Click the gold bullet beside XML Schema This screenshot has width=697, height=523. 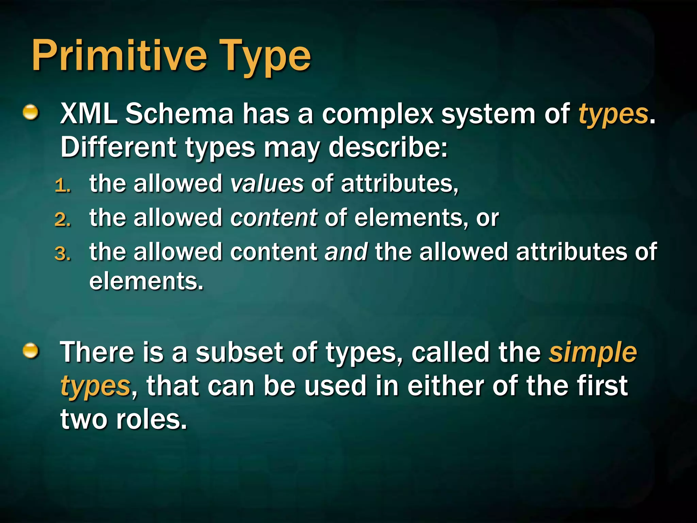31,113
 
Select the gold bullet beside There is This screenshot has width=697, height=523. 31,351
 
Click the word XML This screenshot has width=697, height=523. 88,114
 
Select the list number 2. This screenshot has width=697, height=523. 62,220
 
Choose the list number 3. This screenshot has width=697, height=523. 62,254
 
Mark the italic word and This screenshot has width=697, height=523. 346,252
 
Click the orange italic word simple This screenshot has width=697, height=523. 592,353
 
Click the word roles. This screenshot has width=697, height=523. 151,419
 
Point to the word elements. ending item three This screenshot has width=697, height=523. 146,281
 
